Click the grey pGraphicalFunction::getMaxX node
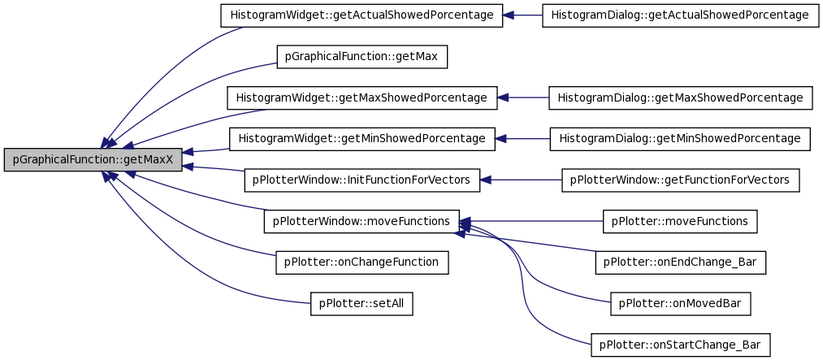[93, 159]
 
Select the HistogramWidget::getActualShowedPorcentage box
[362, 15]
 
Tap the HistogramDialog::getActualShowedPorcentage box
[681, 15]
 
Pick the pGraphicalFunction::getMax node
[362, 56]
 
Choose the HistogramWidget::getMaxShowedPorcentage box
[362, 98]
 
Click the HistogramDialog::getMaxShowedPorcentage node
[680, 98]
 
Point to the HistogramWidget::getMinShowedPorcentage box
[362, 138]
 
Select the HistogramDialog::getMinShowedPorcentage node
[680, 138]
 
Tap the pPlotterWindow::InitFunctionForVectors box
[362, 180]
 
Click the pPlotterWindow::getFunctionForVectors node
[680, 180]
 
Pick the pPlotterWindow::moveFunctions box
[362, 221]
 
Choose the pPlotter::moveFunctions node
[680, 221]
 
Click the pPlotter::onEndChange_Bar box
[680, 262]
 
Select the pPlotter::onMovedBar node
[680, 303]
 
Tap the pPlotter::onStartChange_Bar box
[680, 345]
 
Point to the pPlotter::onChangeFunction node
[362, 262]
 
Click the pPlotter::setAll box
[362, 303]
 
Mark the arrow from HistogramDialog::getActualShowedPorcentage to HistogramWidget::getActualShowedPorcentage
[522, 15]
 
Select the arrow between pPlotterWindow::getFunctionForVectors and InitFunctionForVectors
[521, 180]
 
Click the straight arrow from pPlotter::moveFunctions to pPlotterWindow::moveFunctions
[531, 221]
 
